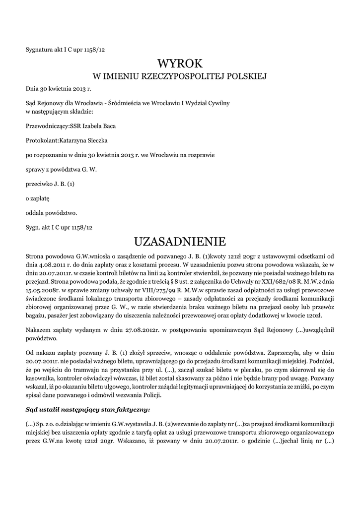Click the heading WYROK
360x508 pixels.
click(x=180, y=63)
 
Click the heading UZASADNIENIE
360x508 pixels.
click(x=180, y=242)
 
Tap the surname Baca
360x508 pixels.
click(x=108, y=126)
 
